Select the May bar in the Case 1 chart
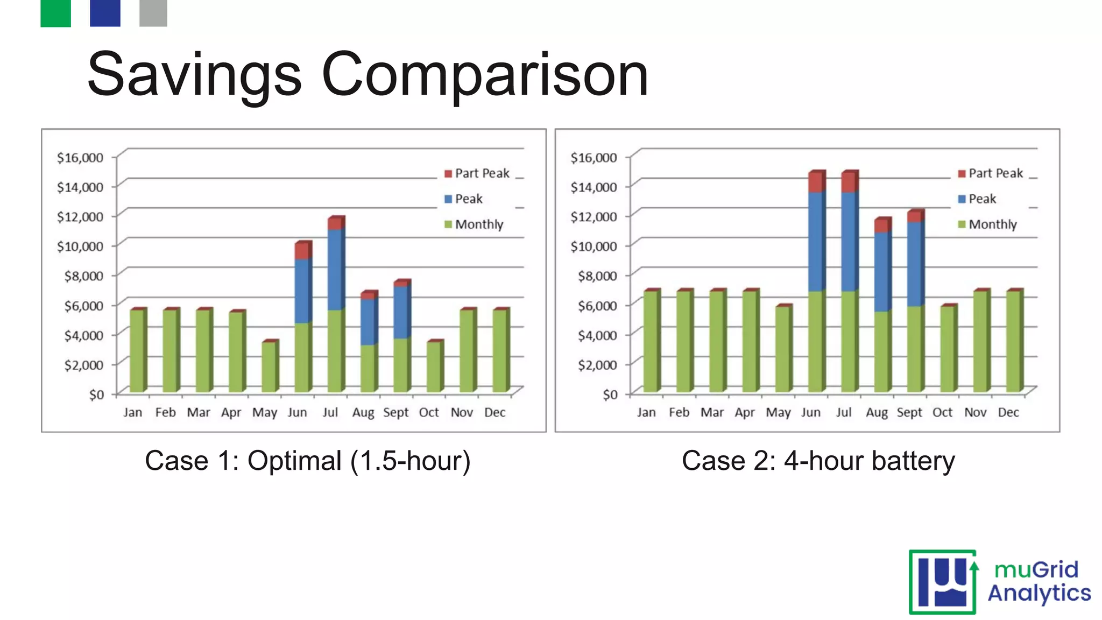[269, 367]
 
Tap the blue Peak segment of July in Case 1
[335, 269]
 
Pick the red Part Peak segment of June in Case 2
[816, 182]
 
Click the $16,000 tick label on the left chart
[80, 158]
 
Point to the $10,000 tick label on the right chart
[594, 246]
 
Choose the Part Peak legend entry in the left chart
[477, 173]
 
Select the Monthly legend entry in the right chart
[987, 224]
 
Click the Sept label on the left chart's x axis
[395, 412]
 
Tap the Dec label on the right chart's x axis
[1008, 412]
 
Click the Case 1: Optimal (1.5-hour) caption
[308, 461]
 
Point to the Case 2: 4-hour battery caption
[818, 461]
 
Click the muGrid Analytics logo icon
[942, 582]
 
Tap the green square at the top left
[55, 13]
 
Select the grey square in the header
[153, 13]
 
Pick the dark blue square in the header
[105, 13]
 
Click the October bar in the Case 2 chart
[948, 349]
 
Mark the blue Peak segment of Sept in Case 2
[915, 264]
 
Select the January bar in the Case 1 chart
[137, 351]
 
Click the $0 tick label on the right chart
[610, 395]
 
